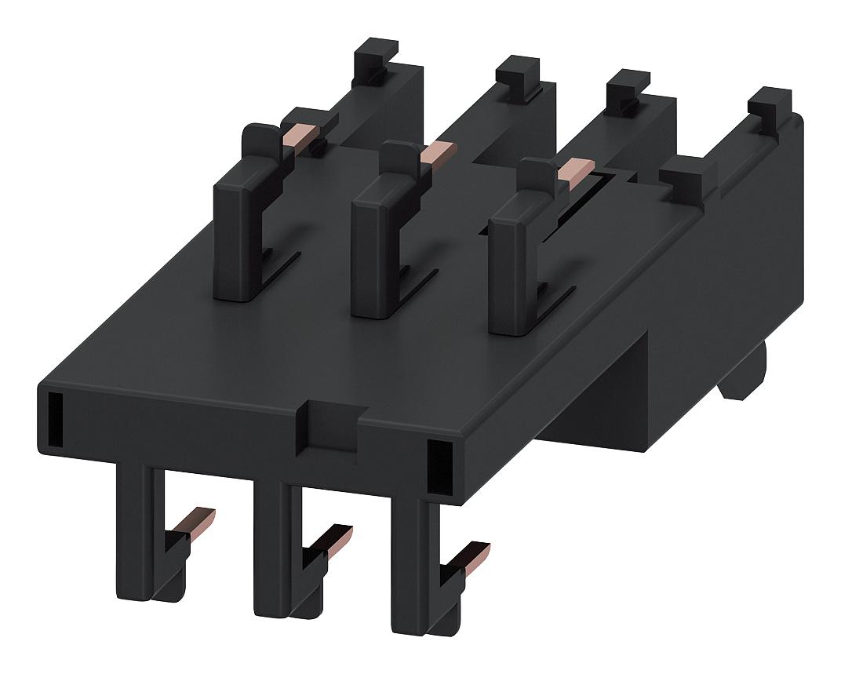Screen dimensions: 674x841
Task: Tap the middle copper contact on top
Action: pos(438,151)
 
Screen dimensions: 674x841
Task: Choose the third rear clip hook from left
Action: pos(627,89)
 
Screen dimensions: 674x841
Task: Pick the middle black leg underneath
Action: pos(271,549)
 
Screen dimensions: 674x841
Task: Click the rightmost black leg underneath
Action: pos(408,565)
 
